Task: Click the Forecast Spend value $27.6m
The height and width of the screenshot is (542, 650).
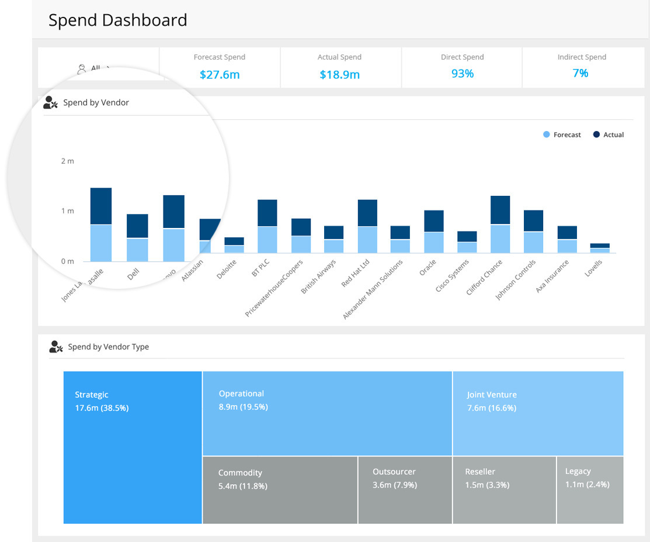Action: coord(220,75)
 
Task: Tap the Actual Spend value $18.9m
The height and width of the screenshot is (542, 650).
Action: coord(339,75)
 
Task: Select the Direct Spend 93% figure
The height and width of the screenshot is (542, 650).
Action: coord(462,74)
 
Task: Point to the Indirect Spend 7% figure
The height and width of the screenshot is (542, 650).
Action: coord(580,73)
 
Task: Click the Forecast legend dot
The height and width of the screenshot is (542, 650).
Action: coord(547,134)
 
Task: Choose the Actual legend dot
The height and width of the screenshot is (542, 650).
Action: coord(596,134)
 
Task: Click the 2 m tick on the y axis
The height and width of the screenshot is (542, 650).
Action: coord(68,161)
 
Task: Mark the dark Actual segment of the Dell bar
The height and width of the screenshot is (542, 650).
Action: coord(137,226)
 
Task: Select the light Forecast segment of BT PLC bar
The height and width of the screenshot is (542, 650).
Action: coord(267,240)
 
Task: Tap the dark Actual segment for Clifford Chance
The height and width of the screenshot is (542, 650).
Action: coord(500,210)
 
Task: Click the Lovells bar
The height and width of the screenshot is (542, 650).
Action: coord(600,248)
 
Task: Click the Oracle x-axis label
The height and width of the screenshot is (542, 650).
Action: coord(428,268)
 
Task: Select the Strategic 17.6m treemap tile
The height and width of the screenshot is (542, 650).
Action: coord(133,447)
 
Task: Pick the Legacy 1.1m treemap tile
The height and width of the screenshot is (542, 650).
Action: coord(590,490)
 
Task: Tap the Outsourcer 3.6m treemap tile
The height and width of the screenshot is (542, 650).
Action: coord(405,490)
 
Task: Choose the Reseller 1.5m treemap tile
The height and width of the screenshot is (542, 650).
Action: coord(504,490)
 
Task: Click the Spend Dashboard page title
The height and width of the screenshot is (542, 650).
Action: coord(118,20)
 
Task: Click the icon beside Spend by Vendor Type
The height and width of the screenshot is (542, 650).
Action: coord(56,347)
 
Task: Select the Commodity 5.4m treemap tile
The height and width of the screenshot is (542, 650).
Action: coord(280,490)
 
